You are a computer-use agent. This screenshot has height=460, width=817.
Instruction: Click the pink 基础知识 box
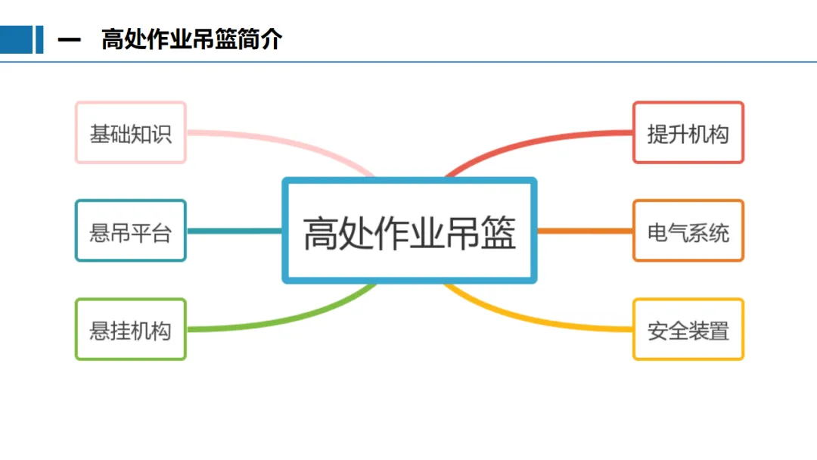(x=130, y=132)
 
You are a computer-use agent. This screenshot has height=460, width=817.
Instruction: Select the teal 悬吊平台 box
(x=130, y=231)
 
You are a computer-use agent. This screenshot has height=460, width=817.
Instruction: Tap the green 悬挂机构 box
(x=130, y=329)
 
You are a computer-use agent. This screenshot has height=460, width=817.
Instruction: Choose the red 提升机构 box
(x=688, y=132)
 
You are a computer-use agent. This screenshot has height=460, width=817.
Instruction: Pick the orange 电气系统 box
(x=688, y=231)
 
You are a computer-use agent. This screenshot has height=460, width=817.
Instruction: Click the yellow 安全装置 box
(x=688, y=329)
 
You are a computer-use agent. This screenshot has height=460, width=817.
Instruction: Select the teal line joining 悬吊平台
(x=235, y=231)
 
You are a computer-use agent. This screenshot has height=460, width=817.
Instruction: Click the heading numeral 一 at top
(x=69, y=40)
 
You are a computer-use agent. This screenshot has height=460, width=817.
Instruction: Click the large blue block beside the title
(x=16, y=40)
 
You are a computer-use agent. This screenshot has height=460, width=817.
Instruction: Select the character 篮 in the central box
(x=498, y=232)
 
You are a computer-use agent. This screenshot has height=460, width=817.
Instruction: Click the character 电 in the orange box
(x=657, y=232)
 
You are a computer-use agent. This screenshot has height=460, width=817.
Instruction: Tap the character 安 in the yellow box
(x=657, y=330)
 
